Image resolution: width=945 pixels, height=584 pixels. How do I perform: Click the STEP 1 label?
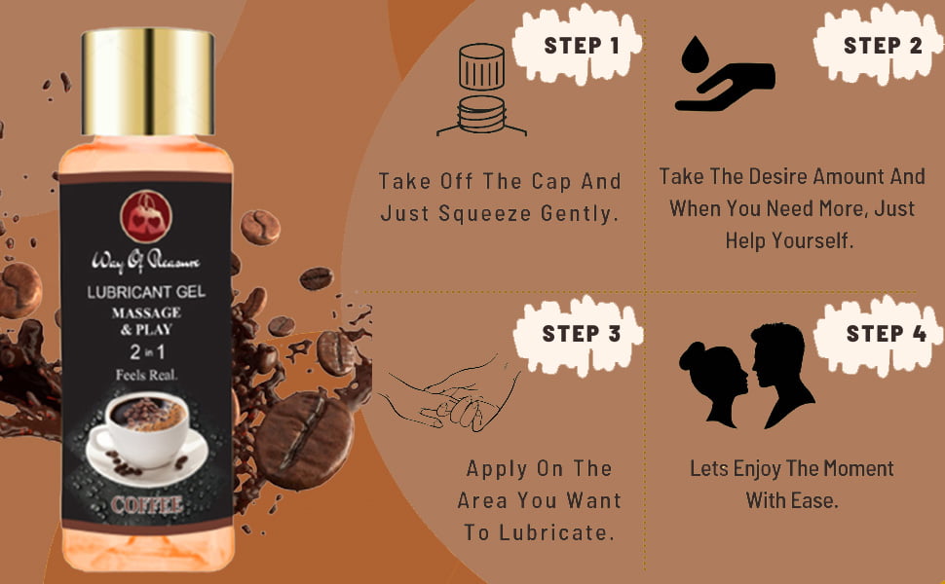[581, 46]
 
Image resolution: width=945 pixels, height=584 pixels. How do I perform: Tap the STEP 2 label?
[883, 45]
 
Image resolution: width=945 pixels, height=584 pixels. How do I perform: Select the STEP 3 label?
[581, 334]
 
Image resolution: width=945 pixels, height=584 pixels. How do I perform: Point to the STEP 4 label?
[886, 333]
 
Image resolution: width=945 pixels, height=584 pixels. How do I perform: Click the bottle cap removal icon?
[481, 90]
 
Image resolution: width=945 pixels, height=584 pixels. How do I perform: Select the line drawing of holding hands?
[449, 394]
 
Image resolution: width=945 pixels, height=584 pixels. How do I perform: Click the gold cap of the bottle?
[148, 82]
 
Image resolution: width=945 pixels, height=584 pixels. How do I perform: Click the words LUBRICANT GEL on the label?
[146, 292]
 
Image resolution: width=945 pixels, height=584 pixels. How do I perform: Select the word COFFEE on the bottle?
[146, 504]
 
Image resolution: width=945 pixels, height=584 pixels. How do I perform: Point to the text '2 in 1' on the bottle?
[146, 352]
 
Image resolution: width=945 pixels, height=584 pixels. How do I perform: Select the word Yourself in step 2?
[813, 240]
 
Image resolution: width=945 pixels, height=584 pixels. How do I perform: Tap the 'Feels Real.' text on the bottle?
[146, 375]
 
